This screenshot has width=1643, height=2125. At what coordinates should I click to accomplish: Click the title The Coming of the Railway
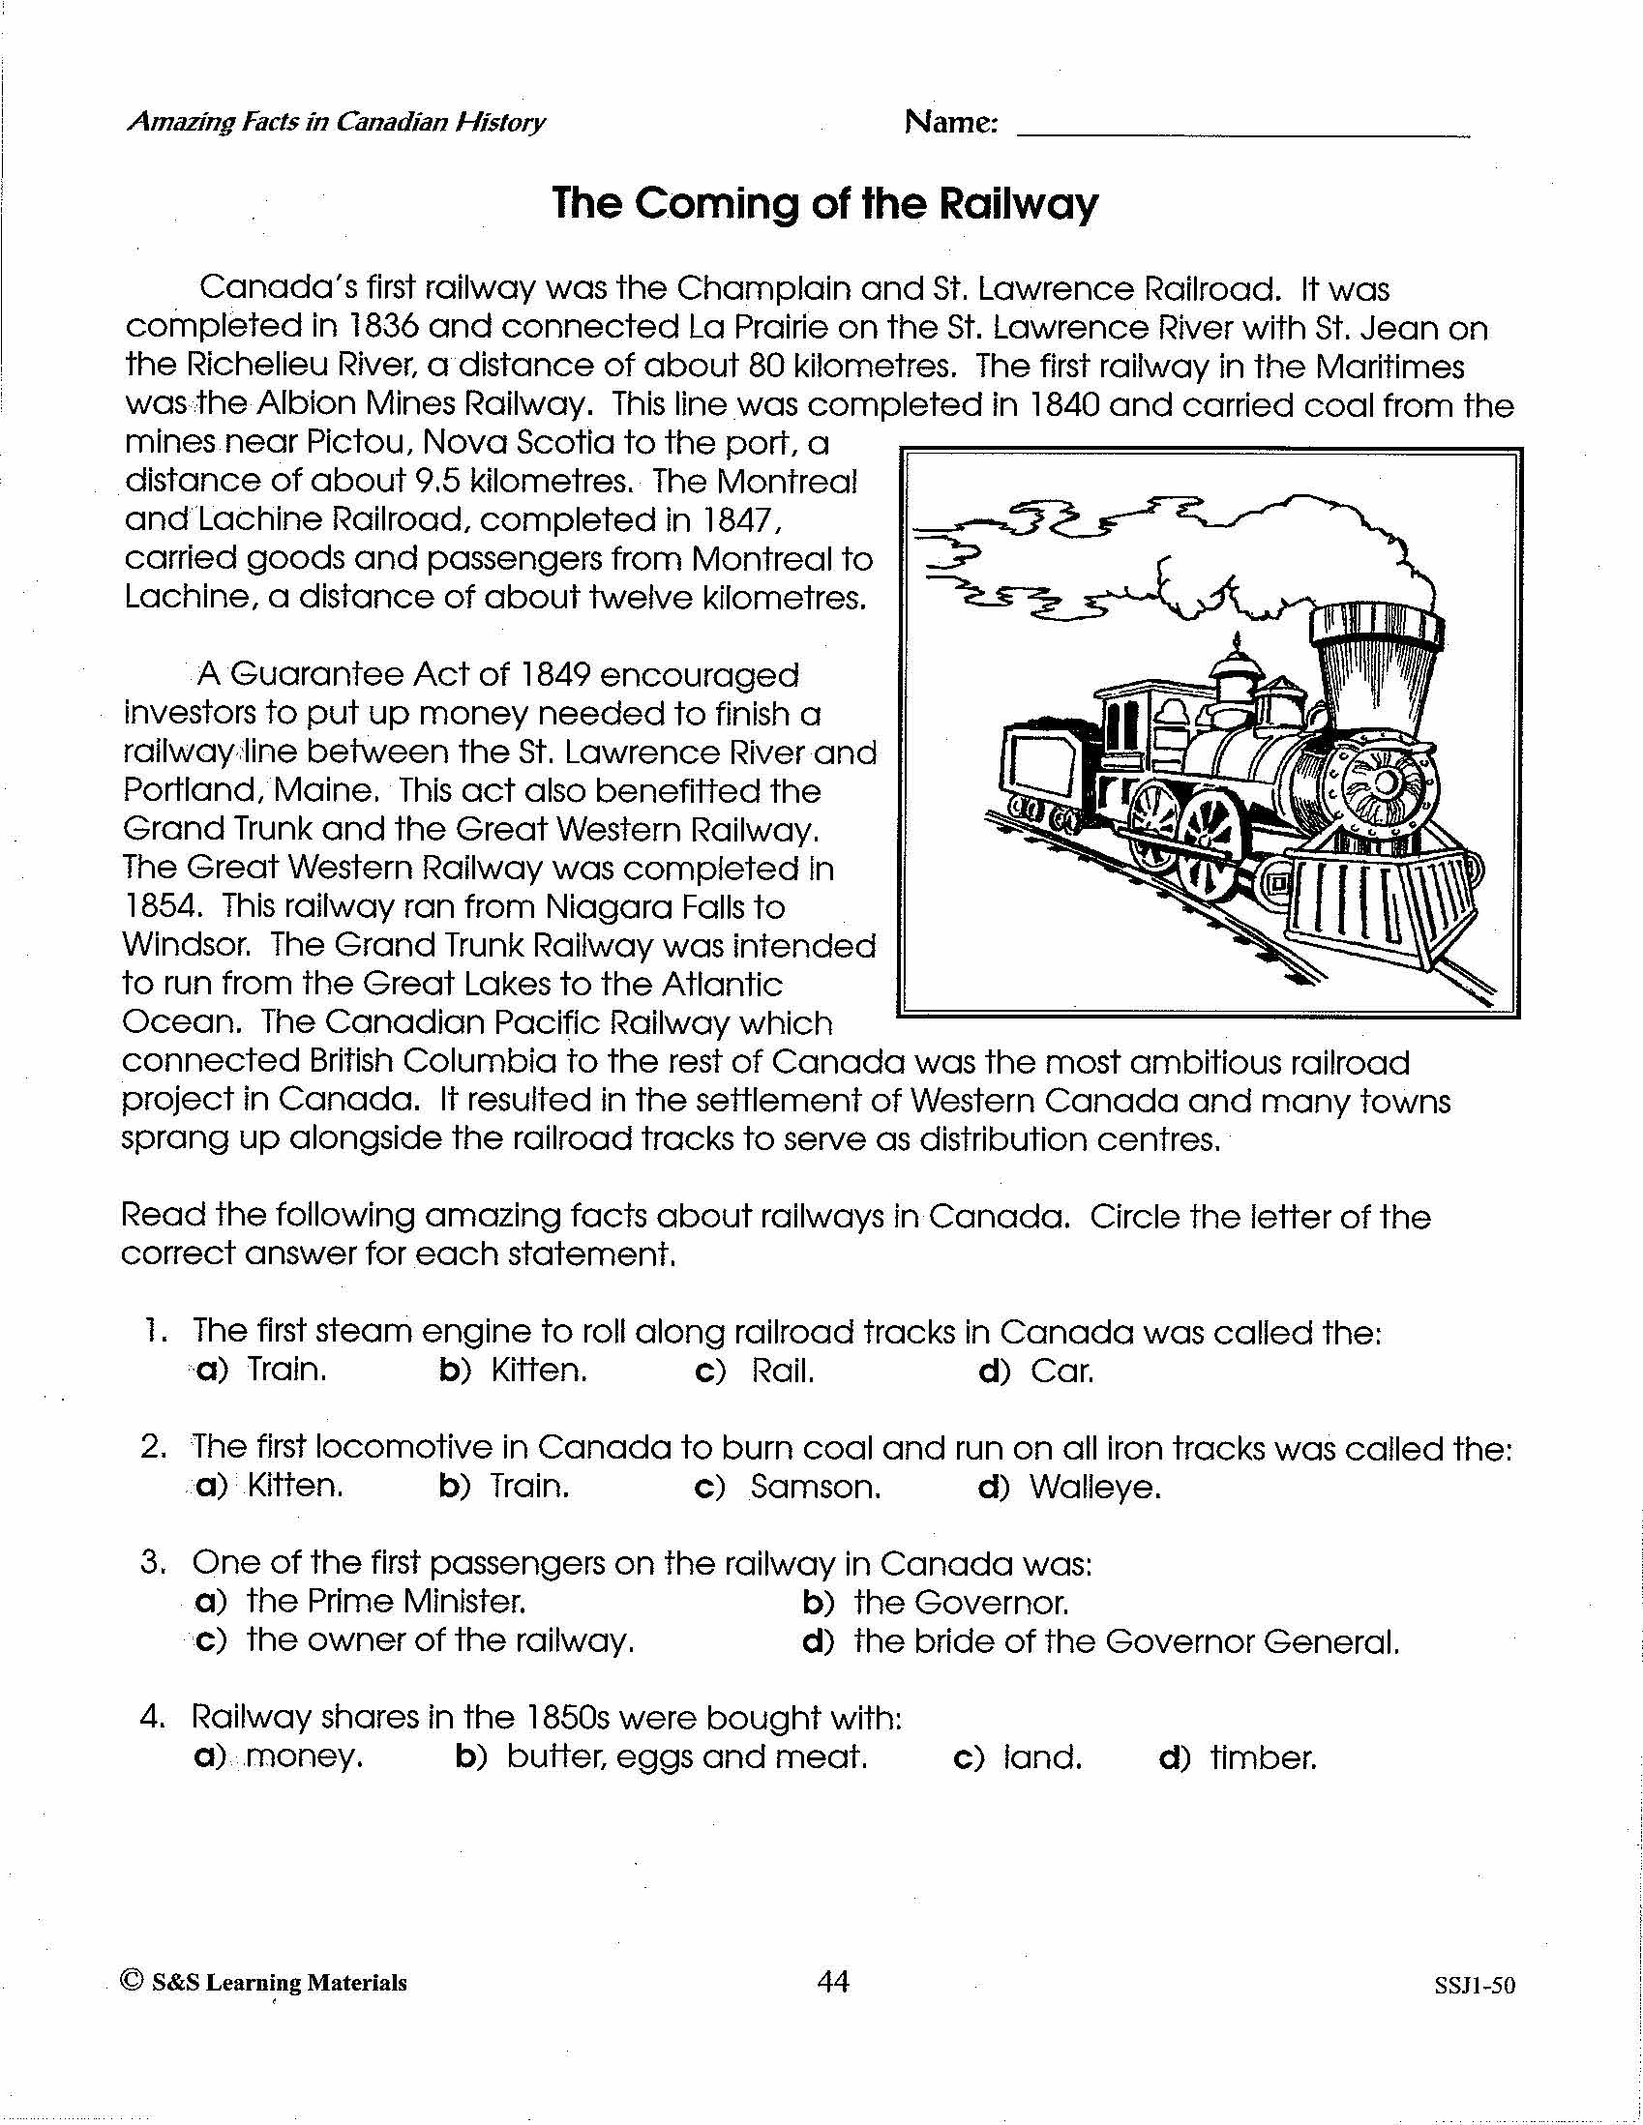824,203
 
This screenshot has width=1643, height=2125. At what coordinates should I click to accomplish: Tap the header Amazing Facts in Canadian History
336,122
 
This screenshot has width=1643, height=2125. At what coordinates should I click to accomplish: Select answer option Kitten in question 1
538,1370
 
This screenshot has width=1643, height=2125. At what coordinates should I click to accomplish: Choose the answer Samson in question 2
815,1487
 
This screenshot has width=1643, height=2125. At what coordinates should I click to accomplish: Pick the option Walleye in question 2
1095,1487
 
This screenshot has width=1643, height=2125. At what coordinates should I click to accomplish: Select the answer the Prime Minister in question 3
385,1601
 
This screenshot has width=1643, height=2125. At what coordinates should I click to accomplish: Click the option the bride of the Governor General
1126,1641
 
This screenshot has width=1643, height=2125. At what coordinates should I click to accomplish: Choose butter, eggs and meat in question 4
686,1757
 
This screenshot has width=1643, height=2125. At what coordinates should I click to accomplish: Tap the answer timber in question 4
1263,1757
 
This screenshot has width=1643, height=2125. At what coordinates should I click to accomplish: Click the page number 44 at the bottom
833,1982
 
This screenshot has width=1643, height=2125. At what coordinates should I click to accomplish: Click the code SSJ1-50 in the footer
1474,1986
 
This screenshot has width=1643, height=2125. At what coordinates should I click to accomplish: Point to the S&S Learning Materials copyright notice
265,1983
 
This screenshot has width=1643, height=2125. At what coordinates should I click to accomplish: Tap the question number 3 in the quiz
150,1562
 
